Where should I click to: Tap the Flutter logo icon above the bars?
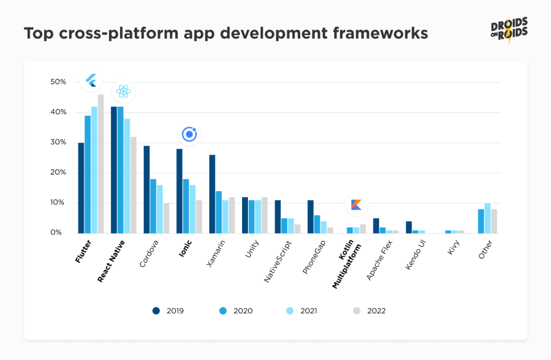tap(91, 80)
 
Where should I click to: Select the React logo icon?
tap(123, 91)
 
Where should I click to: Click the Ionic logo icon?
tap(189, 134)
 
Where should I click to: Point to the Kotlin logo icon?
tap(356, 205)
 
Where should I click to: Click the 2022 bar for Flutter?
tap(101, 164)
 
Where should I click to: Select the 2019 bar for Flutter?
tap(81, 188)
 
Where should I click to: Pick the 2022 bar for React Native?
tap(134, 185)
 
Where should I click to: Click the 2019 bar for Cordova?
tap(147, 189)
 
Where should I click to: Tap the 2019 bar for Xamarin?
tap(212, 193)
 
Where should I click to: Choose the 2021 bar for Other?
tap(487, 218)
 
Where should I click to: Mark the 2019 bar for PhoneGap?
tap(311, 216)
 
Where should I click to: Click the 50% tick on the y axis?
tap(59, 81)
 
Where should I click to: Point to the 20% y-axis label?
tap(59, 172)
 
